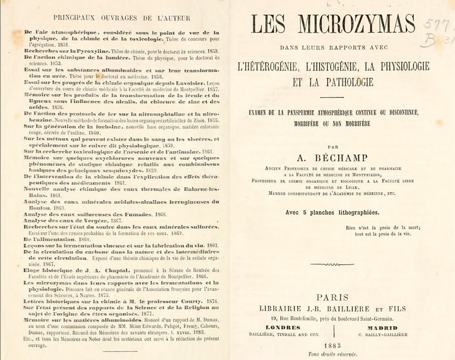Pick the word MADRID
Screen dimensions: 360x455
pyautogui.click(x=383, y=327)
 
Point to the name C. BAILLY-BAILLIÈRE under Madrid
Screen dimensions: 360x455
pyautogui.click(x=383, y=335)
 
